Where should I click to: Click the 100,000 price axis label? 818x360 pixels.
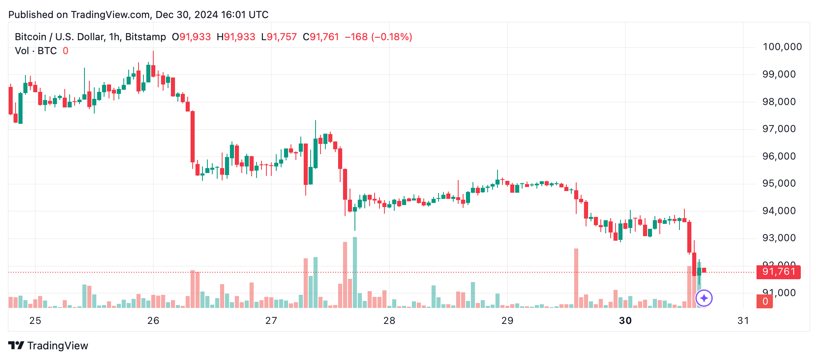[782, 47]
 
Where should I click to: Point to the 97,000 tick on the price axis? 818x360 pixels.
[778, 129]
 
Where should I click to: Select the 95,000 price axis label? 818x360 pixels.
[778, 183]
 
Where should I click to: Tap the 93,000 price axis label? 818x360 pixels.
[778, 238]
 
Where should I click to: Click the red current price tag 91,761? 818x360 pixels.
[778, 272]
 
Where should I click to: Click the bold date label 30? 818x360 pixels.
[625, 321]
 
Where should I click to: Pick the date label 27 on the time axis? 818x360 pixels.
[271, 321]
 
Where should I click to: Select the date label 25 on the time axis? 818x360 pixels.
[35, 321]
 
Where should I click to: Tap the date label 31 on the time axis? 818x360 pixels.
[743, 321]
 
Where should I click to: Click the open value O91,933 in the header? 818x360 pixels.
[191, 37]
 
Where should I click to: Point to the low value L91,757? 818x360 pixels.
[279, 37]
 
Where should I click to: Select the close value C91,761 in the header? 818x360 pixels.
[321, 37]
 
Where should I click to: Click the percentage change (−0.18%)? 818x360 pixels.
[391, 37]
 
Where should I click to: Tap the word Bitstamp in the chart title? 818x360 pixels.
[145, 37]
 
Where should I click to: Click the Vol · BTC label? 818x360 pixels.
[36, 51]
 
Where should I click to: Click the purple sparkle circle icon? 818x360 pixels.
[704, 298]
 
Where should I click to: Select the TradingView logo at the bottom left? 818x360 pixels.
[48, 346]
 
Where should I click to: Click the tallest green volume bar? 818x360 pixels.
[355, 273]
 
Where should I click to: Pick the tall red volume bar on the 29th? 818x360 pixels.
[576, 278]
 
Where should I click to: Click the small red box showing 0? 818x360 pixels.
[765, 302]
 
